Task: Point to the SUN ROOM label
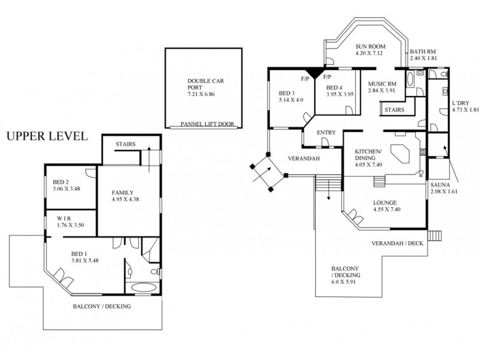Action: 369,46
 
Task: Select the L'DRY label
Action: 460,103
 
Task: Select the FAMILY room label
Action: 124,193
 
